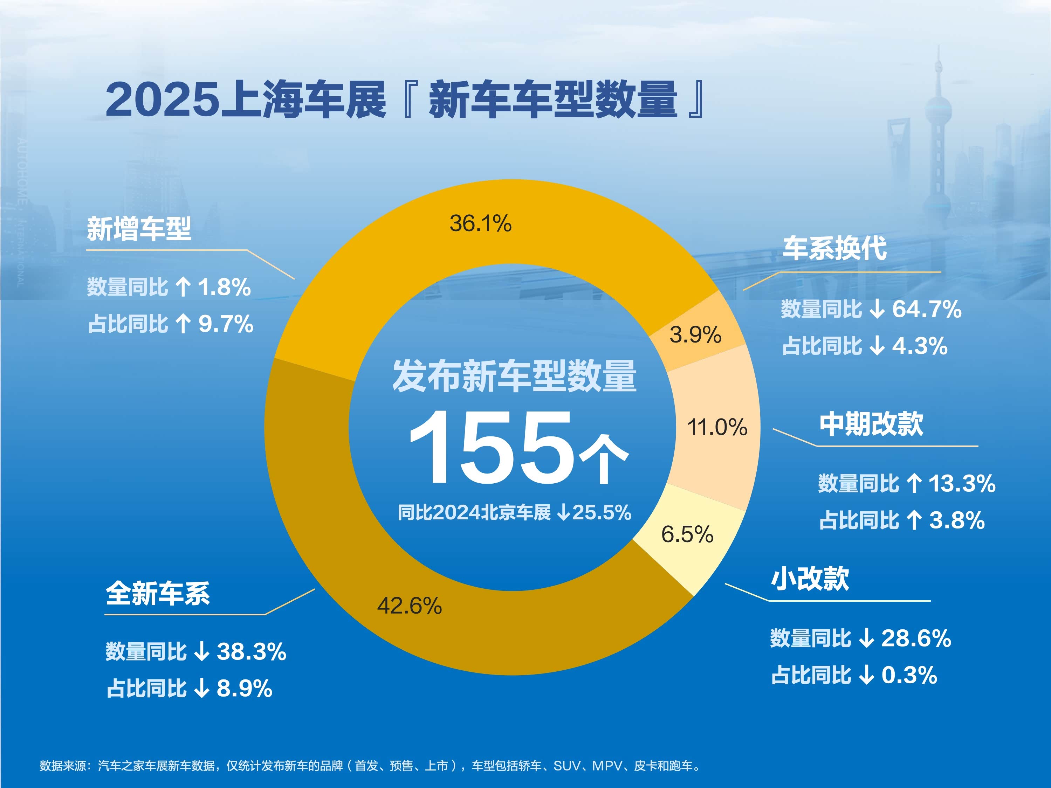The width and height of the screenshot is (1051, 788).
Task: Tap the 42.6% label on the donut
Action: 410,606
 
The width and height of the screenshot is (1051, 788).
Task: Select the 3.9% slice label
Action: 696,334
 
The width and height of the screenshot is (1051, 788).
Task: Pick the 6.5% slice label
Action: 687,534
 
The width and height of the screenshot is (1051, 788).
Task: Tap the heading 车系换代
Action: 835,248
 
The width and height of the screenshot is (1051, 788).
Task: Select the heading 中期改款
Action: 871,424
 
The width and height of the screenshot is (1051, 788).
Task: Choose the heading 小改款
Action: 810,578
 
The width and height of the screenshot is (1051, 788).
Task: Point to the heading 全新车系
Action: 158,593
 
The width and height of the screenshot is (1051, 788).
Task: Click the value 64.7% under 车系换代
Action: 927,309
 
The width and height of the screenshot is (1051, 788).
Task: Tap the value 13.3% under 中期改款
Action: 962,484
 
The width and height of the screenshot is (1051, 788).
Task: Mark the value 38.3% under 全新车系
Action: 252,651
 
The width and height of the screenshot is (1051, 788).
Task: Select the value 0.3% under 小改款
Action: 909,675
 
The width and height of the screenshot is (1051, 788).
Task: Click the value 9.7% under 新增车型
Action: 226,324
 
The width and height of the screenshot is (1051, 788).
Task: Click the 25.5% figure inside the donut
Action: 602,512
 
